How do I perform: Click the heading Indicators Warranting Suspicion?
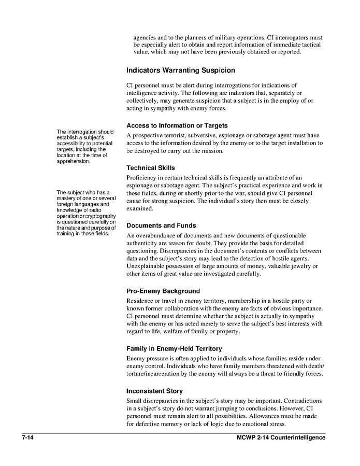tap(180, 70)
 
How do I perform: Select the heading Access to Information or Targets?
tap(177, 126)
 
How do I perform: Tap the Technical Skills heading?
tap(151, 168)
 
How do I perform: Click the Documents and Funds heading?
tap(161, 226)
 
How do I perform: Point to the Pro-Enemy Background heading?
tap(163, 291)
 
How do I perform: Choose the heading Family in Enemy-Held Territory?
tap(174, 349)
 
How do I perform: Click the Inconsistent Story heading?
tap(154, 391)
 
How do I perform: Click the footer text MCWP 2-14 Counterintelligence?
tap(277, 438)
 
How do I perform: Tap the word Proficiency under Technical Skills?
tap(143, 177)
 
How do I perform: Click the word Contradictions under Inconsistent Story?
tap(302, 401)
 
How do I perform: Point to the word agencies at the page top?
tap(146, 38)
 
